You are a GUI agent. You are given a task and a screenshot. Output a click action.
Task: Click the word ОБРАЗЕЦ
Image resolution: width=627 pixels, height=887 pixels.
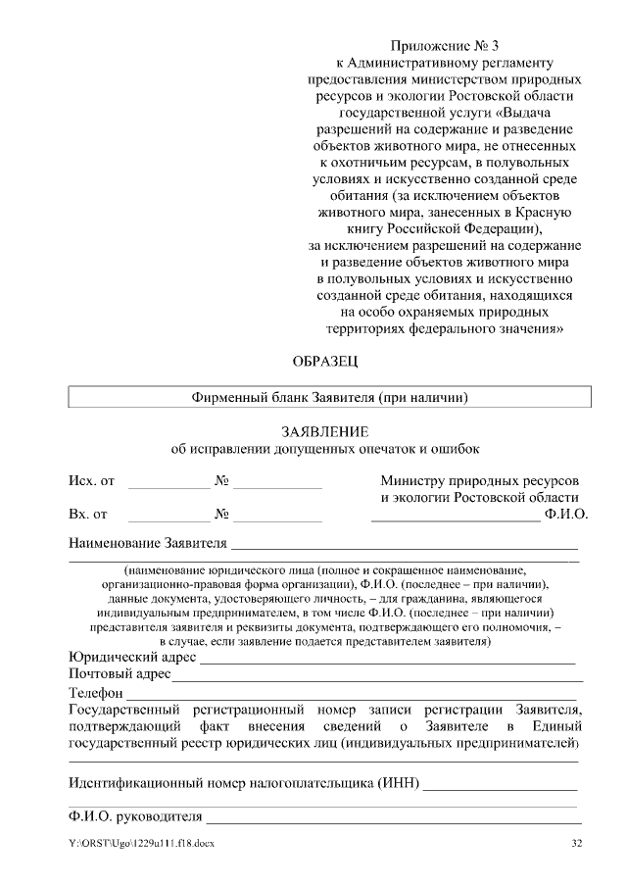point(326,361)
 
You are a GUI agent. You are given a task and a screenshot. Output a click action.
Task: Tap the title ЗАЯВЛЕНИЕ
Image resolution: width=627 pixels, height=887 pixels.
point(325,431)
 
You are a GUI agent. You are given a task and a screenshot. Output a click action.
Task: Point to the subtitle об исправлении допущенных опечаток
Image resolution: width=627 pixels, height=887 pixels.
point(325,450)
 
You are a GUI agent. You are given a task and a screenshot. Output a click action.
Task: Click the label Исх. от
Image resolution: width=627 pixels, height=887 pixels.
point(91,481)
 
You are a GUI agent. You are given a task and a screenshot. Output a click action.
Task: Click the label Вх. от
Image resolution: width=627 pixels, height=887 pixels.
point(88,513)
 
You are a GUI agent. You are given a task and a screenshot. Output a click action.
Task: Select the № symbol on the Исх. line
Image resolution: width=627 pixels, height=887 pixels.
point(221,481)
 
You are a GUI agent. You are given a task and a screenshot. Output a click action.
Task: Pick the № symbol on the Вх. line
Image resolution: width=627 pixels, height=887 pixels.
point(221,513)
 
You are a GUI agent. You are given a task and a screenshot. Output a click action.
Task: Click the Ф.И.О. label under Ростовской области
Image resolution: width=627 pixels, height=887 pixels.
point(565,513)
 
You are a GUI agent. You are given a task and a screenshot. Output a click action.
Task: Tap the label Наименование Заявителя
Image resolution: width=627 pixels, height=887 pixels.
point(148,543)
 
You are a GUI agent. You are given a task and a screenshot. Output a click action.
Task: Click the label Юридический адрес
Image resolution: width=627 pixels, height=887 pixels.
point(132,657)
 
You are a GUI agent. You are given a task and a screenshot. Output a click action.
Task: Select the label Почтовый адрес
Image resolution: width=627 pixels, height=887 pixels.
point(120,674)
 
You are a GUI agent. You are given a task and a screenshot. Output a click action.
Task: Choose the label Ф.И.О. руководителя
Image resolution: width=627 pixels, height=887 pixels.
point(135,815)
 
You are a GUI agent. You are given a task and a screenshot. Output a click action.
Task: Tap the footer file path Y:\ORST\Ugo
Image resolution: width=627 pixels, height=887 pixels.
point(141,844)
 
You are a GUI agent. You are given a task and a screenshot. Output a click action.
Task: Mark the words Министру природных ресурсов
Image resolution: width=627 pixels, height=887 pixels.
point(479,481)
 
